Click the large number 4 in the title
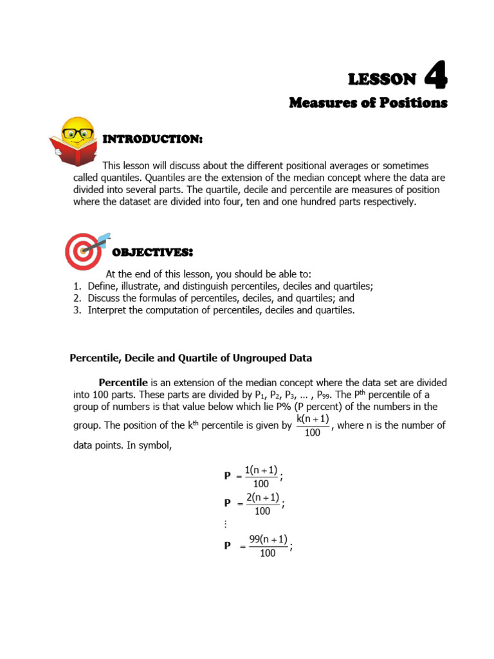point(435,77)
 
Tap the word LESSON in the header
point(382,79)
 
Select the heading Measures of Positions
point(368,102)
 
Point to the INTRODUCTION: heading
point(153,139)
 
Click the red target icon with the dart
point(86,250)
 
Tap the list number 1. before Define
point(77,286)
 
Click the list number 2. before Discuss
point(77,299)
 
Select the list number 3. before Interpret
point(77,310)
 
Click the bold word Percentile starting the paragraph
point(123,382)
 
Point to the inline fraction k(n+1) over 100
point(313,425)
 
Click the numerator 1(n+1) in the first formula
point(261,470)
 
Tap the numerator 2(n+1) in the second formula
point(262,497)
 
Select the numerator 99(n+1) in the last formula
point(268,539)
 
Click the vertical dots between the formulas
point(226,524)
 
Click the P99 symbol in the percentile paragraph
point(324,395)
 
